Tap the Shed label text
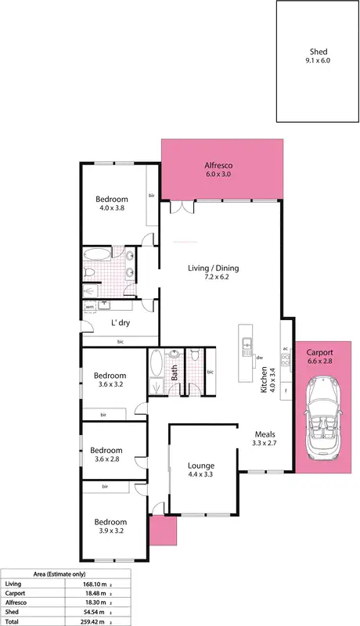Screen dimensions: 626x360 [319, 52]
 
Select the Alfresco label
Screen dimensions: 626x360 [219, 166]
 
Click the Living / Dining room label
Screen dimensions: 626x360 [213, 268]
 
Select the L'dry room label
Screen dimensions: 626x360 [120, 322]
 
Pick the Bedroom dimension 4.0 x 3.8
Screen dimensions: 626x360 [111, 208]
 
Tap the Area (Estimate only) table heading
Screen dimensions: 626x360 [64, 574]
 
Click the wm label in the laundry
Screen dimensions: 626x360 [90, 307]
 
